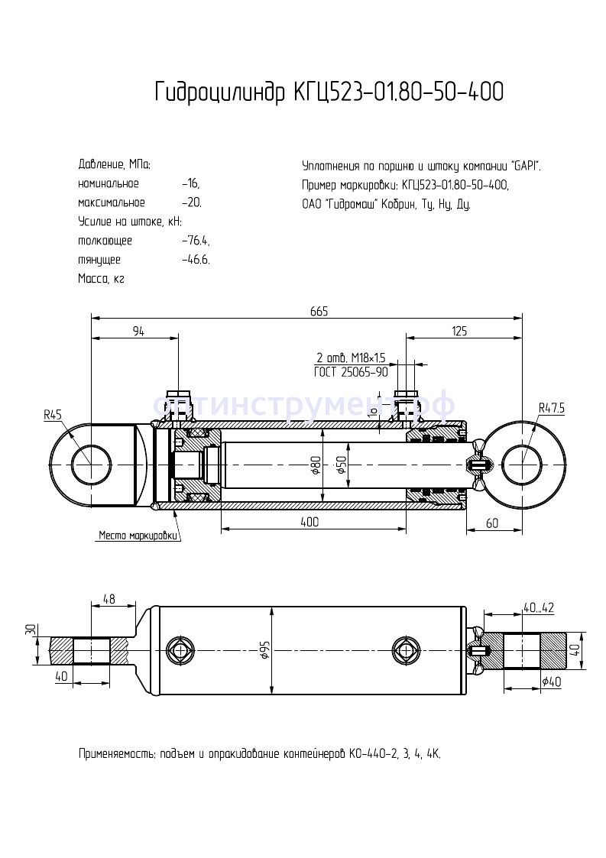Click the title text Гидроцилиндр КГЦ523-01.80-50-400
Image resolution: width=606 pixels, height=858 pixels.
pos(329,92)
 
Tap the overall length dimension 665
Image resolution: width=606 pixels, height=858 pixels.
pos(319,310)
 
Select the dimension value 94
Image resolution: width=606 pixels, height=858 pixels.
pos(138,331)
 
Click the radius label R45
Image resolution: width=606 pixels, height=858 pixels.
pos(53,415)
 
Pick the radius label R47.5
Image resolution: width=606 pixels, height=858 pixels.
pos(550,408)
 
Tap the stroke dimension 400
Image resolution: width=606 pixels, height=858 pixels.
pos(309,523)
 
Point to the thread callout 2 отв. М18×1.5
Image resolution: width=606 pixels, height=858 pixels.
pos(352,358)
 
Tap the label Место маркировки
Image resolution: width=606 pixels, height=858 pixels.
pos(138,536)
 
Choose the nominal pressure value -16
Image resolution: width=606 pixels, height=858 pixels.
pos(191,184)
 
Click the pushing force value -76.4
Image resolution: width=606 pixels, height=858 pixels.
pos(196,241)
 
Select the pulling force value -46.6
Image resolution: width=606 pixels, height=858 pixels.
pos(196,260)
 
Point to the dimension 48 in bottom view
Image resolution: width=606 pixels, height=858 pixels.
pos(109,600)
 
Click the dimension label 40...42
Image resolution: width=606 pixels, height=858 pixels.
pos(538,608)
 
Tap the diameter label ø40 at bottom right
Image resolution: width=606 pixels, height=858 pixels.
pos(551,682)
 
